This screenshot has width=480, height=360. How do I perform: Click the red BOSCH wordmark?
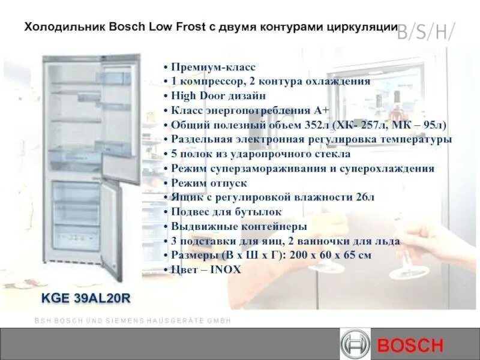(410, 346)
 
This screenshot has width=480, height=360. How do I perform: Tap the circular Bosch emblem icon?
(355, 345)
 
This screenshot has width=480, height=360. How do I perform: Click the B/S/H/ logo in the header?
(425, 32)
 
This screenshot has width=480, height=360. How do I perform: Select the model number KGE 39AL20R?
(86, 297)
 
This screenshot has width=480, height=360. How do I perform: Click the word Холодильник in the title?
(65, 27)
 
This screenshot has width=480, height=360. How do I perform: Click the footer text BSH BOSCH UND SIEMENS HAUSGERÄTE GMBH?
(133, 321)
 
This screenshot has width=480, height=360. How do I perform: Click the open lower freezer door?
(112, 231)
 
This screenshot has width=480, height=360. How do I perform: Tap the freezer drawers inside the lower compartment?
(76, 213)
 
